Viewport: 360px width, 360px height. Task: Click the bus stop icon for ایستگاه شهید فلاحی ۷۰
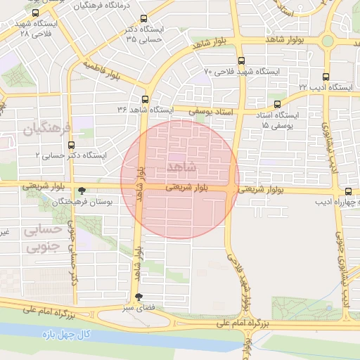click(242, 61)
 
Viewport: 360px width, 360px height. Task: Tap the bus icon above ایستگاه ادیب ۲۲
click(326, 77)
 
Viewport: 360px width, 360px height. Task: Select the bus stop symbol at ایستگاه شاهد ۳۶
click(145, 99)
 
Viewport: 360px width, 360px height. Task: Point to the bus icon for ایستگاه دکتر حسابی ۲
click(71, 145)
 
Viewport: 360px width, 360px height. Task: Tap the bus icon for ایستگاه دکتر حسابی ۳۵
click(144, 19)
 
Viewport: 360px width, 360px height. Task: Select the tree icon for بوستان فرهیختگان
click(83, 191)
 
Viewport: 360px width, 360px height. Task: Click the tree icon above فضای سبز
click(138, 297)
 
